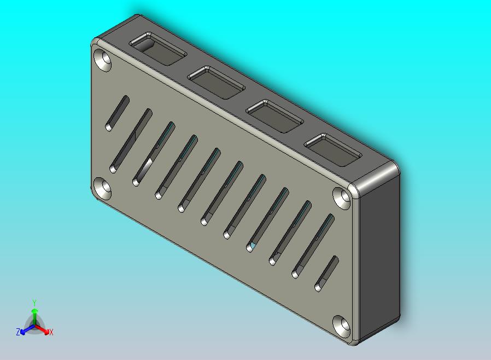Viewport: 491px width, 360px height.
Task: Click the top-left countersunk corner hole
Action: point(103,60)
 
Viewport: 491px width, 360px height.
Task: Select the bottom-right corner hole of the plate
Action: point(343,326)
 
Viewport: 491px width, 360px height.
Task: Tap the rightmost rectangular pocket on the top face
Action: point(332,149)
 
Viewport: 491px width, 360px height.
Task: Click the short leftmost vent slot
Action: point(117,113)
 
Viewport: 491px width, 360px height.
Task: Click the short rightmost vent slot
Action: point(327,273)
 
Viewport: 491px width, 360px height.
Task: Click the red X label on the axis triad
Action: point(51,332)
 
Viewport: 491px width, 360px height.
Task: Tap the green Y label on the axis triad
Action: point(34,303)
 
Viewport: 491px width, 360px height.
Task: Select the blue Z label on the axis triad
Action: point(18,332)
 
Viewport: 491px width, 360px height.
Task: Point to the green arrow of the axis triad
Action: point(34,316)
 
